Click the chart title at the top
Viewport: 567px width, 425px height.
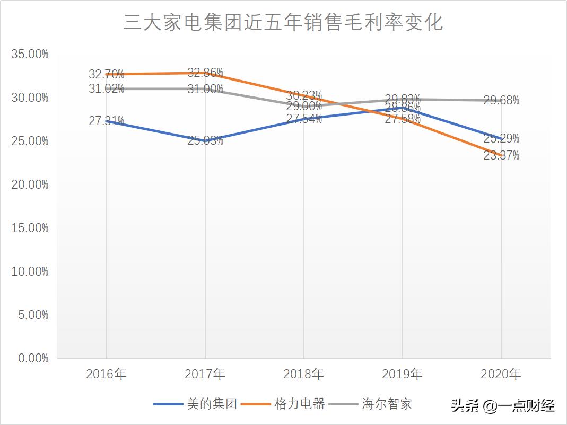(x=283, y=23)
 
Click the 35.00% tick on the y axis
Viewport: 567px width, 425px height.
(x=29, y=54)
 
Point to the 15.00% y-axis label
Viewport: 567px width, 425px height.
(x=29, y=228)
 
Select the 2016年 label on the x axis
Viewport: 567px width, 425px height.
(x=106, y=374)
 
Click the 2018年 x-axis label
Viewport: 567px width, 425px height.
(x=303, y=374)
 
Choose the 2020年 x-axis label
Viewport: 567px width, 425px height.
(x=501, y=374)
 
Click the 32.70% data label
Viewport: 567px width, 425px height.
(x=106, y=74)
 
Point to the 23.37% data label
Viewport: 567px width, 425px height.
(x=501, y=156)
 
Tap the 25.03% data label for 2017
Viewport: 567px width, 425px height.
(x=205, y=141)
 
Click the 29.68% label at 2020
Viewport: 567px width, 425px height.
(x=501, y=100)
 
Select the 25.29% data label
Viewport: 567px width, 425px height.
(x=501, y=139)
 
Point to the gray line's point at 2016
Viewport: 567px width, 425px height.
(x=107, y=88)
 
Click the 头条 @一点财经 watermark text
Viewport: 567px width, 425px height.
(x=503, y=406)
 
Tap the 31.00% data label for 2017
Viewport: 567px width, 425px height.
(x=205, y=89)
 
